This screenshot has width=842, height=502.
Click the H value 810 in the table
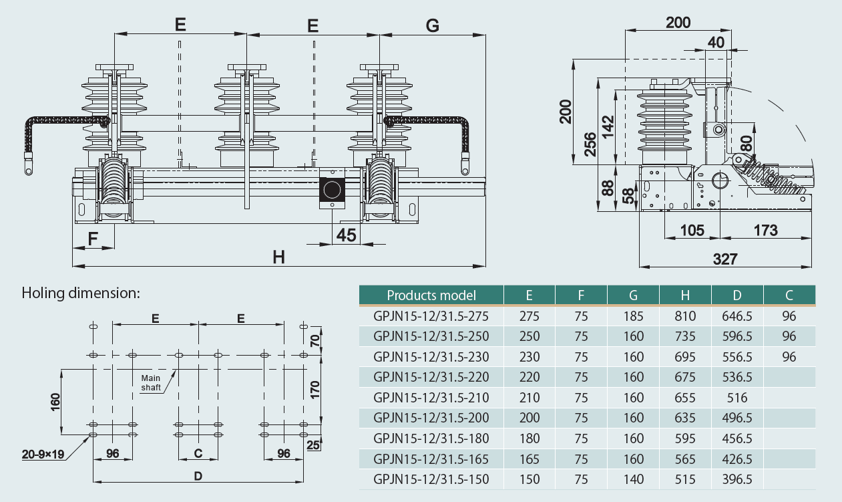click(685, 316)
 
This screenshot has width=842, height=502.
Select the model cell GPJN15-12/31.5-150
click(431, 479)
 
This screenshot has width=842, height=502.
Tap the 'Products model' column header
click(431, 295)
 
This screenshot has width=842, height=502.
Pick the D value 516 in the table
click(737, 398)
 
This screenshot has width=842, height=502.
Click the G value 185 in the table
click(633, 316)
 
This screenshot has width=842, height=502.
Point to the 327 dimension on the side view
click(724, 259)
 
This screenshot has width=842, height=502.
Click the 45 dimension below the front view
click(346, 235)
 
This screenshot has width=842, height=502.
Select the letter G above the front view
click(432, 25)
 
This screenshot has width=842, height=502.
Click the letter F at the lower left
click(93, 238)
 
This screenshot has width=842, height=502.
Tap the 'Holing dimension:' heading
click(81, 292)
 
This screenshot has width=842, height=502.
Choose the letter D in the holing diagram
click(198, 476)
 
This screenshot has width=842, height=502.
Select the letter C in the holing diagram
click(198, 453)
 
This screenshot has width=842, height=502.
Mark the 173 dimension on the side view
click(765, 231)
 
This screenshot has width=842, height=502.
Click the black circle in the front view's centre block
click(331, 190)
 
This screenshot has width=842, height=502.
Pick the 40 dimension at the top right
click(716, 42)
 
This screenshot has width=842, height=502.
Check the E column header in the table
click(529, 295)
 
